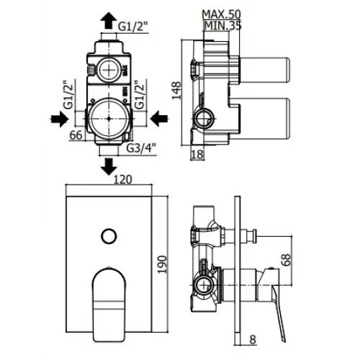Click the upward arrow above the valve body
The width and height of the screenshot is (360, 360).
pos(108,17)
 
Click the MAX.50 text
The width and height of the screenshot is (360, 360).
pos(220,15)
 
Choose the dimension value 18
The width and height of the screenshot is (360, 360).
pos(198,154)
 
